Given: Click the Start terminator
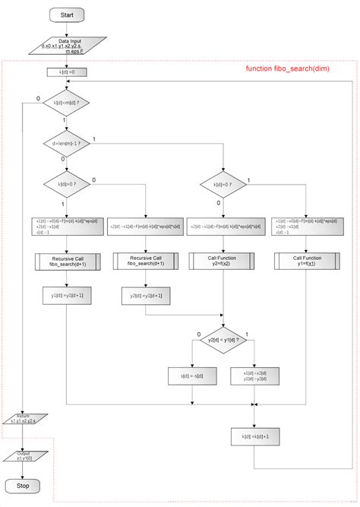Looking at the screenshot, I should click(67, 14).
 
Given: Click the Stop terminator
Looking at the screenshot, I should click(23, 485).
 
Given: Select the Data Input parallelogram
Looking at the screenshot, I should click(67, 46).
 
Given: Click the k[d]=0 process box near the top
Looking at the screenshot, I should click(67, 73).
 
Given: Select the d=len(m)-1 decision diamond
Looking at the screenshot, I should click(67, 142).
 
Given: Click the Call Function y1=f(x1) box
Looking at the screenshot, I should click(308, 261).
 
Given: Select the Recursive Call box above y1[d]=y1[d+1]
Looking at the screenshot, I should click(67, 261).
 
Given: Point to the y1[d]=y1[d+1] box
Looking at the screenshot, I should click(67, 295).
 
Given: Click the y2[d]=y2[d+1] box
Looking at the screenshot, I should click(145, 295).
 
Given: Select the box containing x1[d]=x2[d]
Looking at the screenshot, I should click(254, 376).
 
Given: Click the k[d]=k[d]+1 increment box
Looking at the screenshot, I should click(254, 436).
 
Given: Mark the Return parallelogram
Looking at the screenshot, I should click(23, 419).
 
